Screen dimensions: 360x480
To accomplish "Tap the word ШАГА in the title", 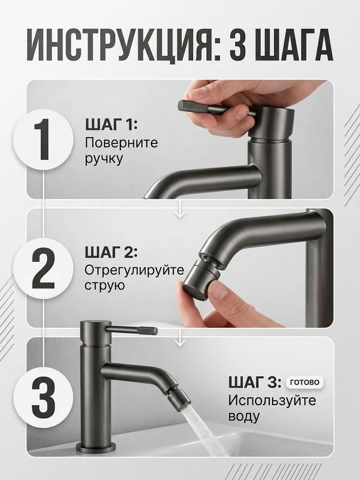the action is tap(295, 45).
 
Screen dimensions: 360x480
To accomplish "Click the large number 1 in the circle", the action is tap(43, 140).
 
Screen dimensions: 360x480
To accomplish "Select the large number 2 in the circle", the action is tap(43, 269).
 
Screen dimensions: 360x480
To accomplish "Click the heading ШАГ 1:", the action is tap(111, 125).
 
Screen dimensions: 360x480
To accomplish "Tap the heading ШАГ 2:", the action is tap(111, 253).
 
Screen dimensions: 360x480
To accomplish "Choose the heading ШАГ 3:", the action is tap(255, 383).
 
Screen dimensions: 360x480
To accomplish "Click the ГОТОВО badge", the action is tap(304, 383).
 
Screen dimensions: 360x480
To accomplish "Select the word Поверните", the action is tap(121, 143).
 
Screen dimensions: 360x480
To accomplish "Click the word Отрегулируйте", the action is tap(134, 270).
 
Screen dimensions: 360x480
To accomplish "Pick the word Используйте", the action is tap(272, 400).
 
